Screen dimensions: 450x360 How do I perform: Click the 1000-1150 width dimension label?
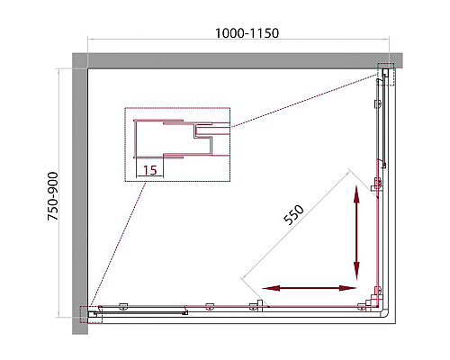(247, 33)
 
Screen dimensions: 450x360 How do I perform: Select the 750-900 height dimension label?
(53, 196)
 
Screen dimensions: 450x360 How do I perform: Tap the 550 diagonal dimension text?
(293, 215)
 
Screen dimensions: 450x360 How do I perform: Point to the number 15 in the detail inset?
(150, 170)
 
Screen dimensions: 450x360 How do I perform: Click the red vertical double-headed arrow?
(356, 232)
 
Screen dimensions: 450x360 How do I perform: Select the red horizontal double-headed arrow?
(310, 288)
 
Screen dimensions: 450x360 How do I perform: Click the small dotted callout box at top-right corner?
(386, 75)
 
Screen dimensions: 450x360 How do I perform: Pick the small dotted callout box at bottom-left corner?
(91, 314)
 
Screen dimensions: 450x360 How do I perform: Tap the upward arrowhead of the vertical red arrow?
(356, 194)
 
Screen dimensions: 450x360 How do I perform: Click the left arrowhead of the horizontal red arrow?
(271, 288)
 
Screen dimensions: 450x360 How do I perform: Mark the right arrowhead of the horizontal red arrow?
(348, 288)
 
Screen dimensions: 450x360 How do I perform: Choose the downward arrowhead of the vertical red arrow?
(356, 271)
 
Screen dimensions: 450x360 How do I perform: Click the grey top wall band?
(237, 60)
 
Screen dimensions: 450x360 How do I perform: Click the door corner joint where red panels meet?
(374, 305)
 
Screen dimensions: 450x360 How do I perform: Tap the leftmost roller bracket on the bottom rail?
(123, 306)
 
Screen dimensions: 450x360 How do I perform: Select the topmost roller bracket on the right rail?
(378, 104)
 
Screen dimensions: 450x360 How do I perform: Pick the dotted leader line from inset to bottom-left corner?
(118, 244)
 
